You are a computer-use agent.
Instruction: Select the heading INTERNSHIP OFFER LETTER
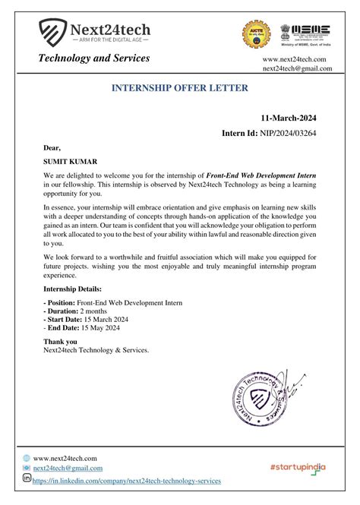coord(179,88)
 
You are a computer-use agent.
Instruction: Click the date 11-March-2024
coord(288,118)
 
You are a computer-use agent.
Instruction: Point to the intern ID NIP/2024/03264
coord(291,134)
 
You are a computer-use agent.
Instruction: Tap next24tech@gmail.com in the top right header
coord(297,69)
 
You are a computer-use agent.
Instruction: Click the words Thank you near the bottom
coord(60,342)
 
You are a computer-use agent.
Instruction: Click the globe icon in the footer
coord(27,458)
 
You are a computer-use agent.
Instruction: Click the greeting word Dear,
coord(52,147)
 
